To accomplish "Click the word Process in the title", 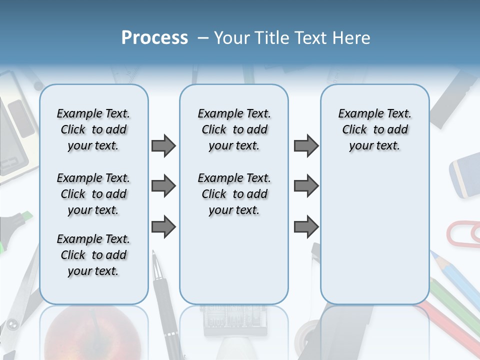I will point(154,38).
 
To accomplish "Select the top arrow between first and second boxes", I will point(163,146).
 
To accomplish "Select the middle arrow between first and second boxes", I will point(163,186).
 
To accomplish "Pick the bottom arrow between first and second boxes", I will point(163,226).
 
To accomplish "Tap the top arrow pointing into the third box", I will point(306,146).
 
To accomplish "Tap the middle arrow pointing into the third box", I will point(306,186).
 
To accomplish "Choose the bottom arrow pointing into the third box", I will point(306,226).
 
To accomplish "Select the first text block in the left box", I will point(93,129).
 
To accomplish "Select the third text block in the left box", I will point(93,255).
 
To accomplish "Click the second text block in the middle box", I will point(234,194).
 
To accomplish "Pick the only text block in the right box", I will point(374,129).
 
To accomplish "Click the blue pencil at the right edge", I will point(457,280).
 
